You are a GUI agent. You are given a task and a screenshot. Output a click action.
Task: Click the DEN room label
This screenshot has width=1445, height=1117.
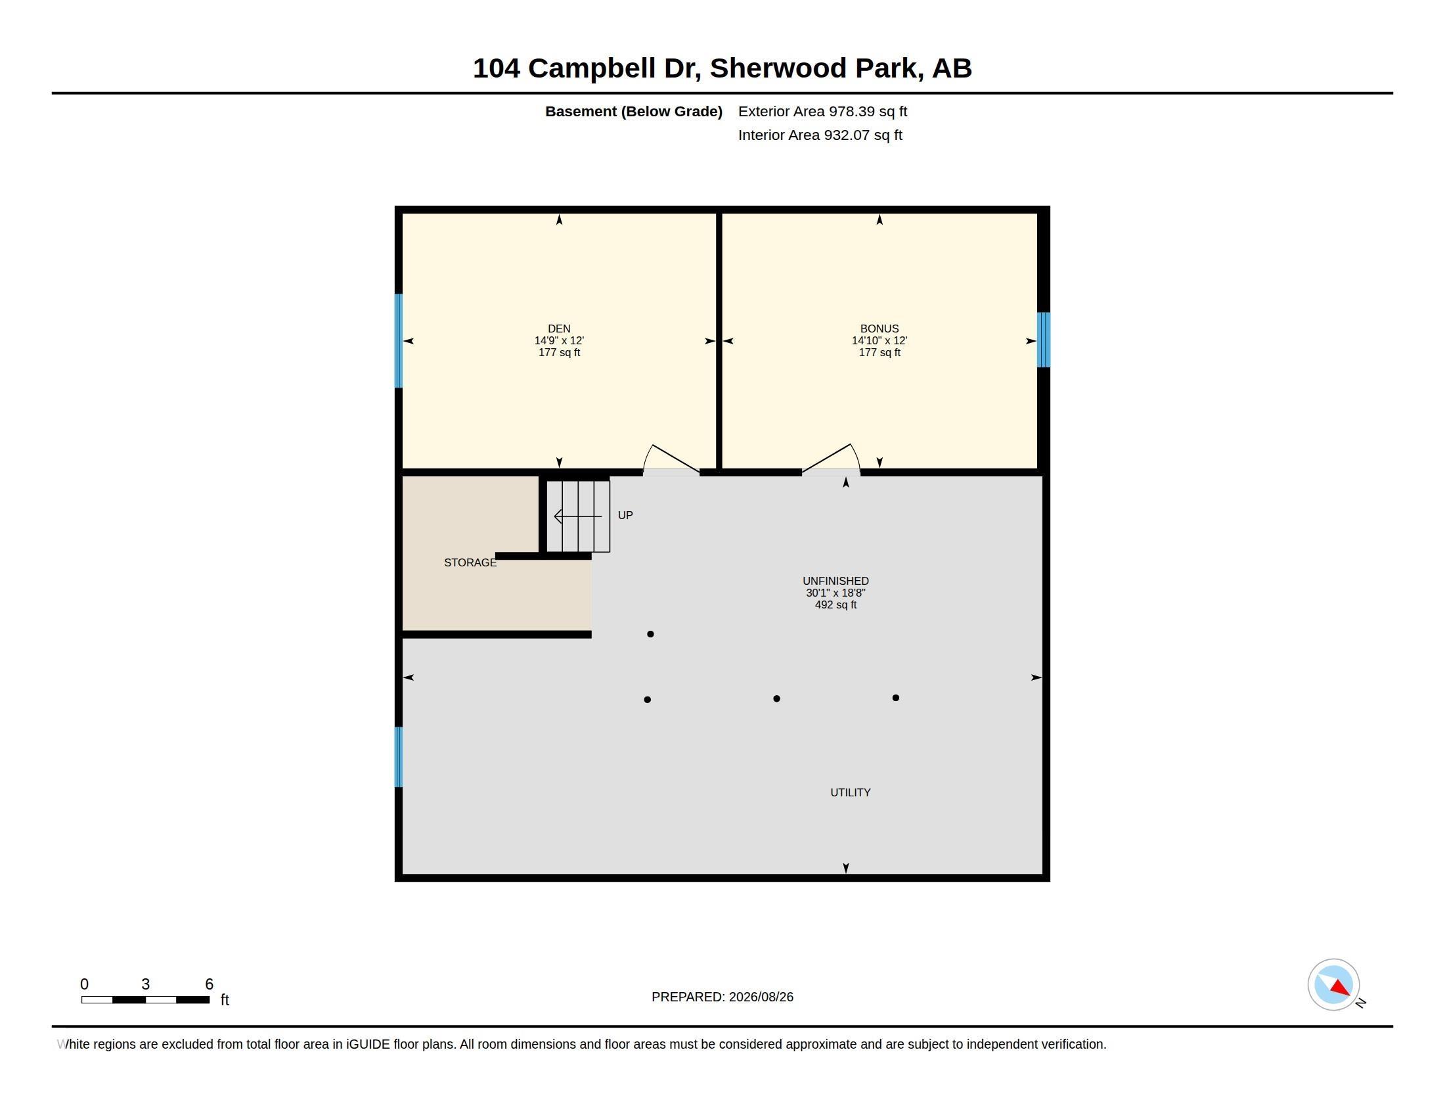pos(559,329)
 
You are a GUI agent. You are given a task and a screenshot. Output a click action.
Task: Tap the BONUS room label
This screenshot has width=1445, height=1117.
pos(879,329)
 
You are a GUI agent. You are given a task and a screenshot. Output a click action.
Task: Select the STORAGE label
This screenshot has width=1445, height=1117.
pos(470,562)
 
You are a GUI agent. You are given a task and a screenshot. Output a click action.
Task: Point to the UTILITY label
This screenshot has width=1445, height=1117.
pos(850,792)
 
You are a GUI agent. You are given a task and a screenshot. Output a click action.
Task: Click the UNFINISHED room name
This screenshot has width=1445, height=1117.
pos(835,581)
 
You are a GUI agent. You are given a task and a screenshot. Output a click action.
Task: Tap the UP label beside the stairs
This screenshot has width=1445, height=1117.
pos(625,515)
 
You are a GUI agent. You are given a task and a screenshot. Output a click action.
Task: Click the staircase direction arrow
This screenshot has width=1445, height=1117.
pos(577,516)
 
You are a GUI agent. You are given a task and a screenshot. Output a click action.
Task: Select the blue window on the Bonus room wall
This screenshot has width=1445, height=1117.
pos(1044,340)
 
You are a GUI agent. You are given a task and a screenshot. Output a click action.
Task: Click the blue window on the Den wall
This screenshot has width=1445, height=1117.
pos(398,341)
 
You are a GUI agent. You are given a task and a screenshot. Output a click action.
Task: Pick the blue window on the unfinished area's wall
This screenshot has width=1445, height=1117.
pos(398,757)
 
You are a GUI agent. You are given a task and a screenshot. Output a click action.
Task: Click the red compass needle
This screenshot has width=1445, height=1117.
pos(1341,988)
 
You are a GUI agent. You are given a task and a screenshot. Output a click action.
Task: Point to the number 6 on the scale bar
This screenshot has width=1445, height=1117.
pos(209,984)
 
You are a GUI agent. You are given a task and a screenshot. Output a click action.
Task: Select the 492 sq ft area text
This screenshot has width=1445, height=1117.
pos(835,604)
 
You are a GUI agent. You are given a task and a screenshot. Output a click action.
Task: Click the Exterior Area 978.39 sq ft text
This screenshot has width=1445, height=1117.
pos(822,111)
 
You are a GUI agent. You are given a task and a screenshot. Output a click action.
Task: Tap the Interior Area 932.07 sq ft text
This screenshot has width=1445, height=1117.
pos(820,135)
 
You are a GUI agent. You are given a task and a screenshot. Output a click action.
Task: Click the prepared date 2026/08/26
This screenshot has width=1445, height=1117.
pos(761,997)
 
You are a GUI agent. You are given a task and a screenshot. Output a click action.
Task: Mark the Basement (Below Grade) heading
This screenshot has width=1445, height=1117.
pos(633,112)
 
